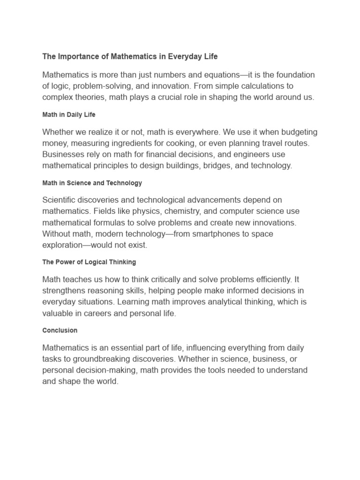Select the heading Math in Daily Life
coord(69,115)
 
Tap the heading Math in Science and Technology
coord(92,183)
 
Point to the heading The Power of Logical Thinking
coord(89,262)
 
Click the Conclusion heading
coord(60,330)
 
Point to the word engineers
coord(250,154)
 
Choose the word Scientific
coord(60,200)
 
